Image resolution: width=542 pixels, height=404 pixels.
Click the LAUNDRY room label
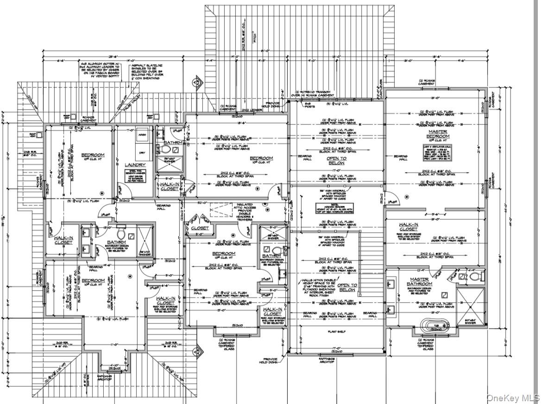pyautogui.click(x=135, y=164)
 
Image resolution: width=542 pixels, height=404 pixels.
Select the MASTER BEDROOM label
pyautogui.click(x=438, y=134)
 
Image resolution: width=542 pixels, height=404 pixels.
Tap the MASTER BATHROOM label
pyautogui.click(x=420, y=281)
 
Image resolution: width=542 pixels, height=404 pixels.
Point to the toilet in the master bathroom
pyautogui.click(x=473, y=277)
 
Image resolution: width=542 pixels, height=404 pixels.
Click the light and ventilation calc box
pyautogui.click(x=438, y=153)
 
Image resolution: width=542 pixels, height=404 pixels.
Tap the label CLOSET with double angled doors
pyautogui.click(x=200, y=228)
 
